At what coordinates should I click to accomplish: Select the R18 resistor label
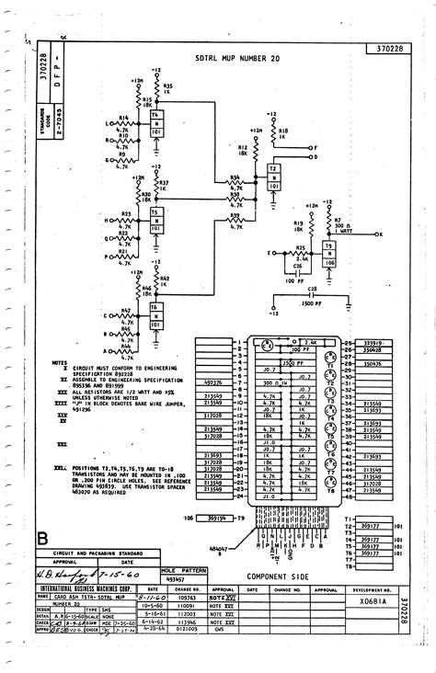pyautogui.click(x=282, y=131)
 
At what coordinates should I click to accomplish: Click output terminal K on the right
pyautogui.click(x=381, y=235)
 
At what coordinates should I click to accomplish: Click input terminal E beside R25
pyautogui.click(x=270, y=252)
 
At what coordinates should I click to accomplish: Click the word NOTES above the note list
pyautogui.click(x=60, y=362)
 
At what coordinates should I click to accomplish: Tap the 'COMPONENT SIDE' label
pyautogui.click(x=279, y=576)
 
